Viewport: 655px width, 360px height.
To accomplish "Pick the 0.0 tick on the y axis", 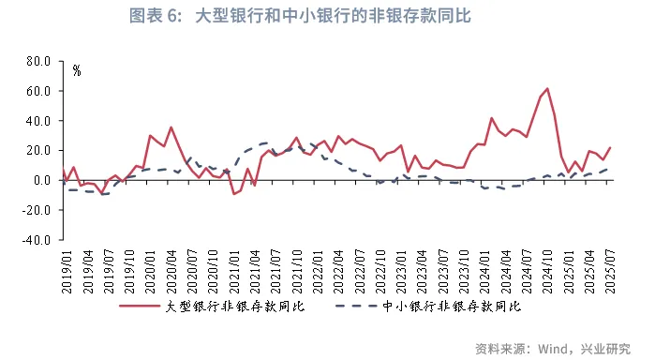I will tap(40, 180).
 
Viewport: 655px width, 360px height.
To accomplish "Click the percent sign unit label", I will tap(77, 70).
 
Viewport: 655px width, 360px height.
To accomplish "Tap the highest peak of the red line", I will tap(547, 89).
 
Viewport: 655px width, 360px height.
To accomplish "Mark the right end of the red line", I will tap(610, 147).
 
